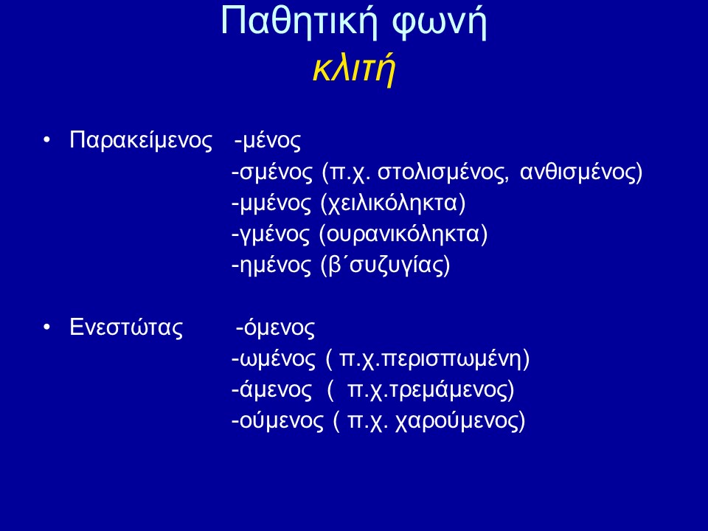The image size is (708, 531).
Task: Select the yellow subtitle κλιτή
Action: (x=354, y=68)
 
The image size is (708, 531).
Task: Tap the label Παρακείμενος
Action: (x=140, y=140)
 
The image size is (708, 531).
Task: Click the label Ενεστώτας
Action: (x=126, y=327)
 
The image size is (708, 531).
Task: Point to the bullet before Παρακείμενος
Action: (x=46, y=140)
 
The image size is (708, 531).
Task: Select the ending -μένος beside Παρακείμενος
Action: (x=268, y=141)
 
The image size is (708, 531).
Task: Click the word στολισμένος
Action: (x=441, y=172)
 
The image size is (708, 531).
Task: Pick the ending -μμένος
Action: (x=271, y=204)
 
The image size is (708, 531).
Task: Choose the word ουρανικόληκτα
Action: (x=403, y=235)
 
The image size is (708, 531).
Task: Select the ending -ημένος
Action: (x=271, y=265)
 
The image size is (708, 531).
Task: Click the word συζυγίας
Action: (x=397, y=265)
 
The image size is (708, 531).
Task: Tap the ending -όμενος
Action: (x=275, y=327)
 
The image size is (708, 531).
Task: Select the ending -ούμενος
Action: (x=278, y=421)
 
